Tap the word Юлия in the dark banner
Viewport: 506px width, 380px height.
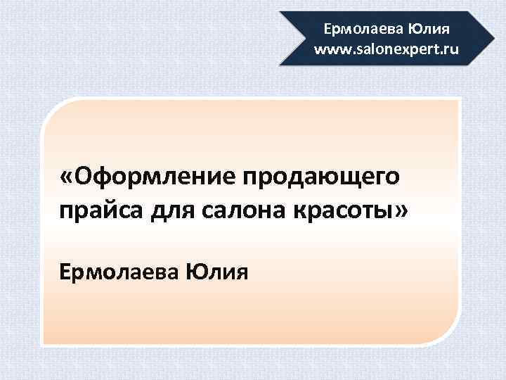[423, 30]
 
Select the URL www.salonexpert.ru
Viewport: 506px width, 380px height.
[387, 49]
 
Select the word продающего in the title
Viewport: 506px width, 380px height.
[322, 176]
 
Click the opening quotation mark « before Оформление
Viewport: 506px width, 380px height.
[67, 176]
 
